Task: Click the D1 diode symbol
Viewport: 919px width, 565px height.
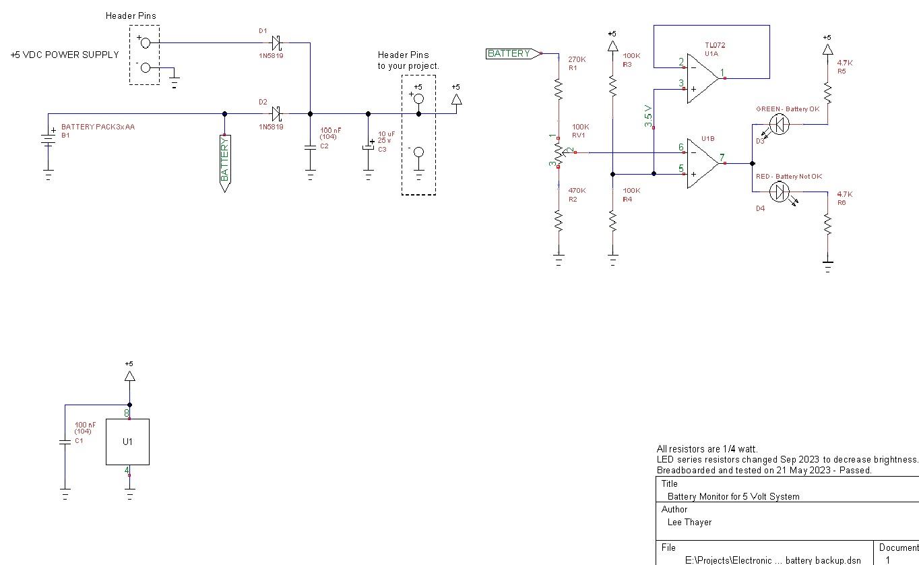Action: tap(276, 42)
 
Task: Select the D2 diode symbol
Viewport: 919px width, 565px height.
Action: tap(276, 113)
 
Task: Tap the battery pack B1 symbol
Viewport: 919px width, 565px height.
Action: tap(49, 142)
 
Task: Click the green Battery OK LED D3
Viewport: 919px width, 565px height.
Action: tap(779, 124)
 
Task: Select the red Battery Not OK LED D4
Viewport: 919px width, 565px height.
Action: tap(781, 192)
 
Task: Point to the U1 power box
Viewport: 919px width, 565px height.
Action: tap(127, 442)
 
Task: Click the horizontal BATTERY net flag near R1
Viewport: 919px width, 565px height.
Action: tap(511, 53)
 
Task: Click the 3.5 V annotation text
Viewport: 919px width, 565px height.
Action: tap(648, 116)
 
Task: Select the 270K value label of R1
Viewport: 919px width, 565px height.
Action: tap(577, 59)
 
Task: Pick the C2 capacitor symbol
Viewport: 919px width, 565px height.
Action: tap(310, 147)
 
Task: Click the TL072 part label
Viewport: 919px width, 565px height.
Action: tap(715, 45)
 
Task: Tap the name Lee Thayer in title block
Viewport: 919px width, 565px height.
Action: tap(689, 522)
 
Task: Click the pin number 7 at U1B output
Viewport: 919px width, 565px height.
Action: tap(722, 158)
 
